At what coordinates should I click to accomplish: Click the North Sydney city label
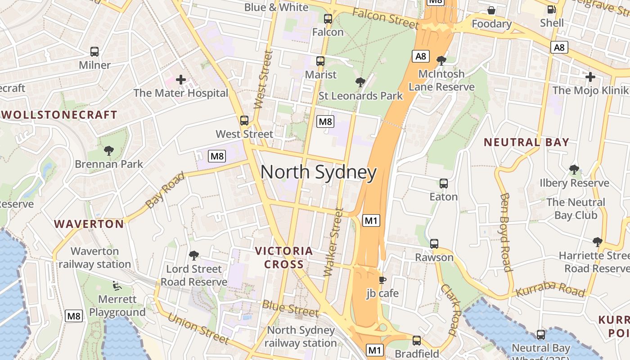tap(318, 173)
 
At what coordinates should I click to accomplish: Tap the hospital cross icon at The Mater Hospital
tap(181, 80)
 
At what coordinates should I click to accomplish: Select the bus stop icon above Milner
tap(94, 52)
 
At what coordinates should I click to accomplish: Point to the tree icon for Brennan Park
tap(108, 150)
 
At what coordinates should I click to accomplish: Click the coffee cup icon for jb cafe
tap(382, 280)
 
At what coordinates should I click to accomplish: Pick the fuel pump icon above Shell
tap(551, 9)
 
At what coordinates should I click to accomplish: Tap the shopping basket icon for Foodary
tap(491, 10)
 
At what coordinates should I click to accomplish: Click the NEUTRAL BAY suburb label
tap(526, 143)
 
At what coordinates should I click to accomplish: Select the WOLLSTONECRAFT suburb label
tap(59, 115)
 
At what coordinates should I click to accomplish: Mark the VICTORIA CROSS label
tap(283, 257)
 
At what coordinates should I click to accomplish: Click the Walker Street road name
tap(333, 242)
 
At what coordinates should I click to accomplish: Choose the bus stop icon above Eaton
tap(444, 184)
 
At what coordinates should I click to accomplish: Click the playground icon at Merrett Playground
tap(116, 285)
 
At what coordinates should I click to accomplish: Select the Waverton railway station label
tap(94, 257)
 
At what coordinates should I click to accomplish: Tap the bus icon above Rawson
tap(434, 244)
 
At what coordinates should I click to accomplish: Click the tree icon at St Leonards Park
tap(360, 82)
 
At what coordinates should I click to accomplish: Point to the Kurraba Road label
tap(551, 289)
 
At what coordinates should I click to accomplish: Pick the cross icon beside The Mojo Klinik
tap(590, 77)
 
